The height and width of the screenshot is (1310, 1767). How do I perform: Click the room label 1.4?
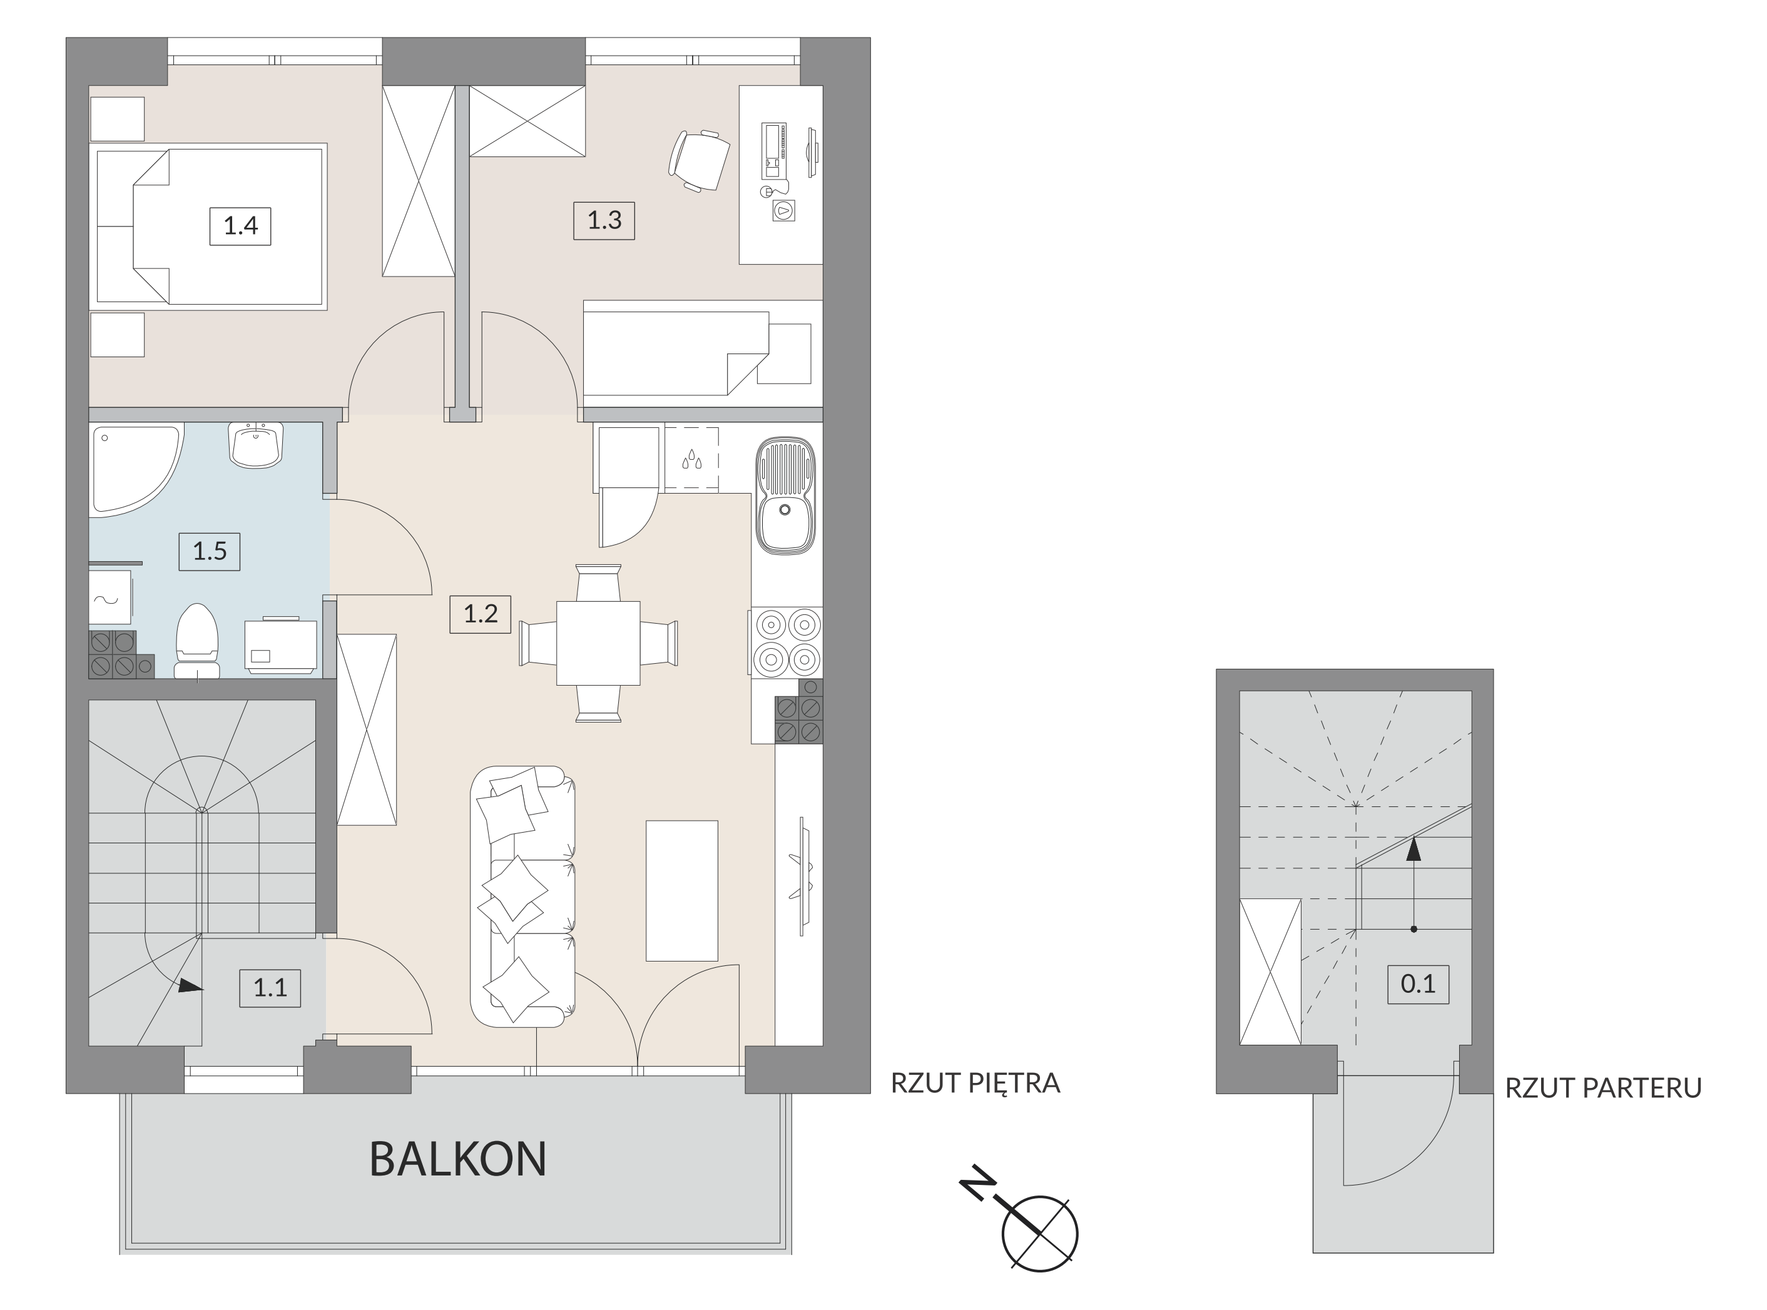[x=240, y=226]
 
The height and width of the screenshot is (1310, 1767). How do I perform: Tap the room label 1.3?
[x=604, y=220]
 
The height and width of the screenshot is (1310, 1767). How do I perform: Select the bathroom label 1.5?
[x=210, y=551]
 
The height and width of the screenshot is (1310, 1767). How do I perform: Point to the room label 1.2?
[x=480, y=614]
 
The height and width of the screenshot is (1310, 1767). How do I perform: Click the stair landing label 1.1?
[x=270, y=988]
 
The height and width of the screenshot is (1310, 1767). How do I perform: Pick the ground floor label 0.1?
[x=1418, y=984]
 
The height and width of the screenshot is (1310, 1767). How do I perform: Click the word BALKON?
[x=457, y=1159]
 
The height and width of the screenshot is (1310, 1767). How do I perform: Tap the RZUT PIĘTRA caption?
[x=975, y=1083]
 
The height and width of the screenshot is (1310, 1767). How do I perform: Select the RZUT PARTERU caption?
[x=1604, y=1088]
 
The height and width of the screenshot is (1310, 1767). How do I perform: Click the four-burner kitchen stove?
[x=785, y=642]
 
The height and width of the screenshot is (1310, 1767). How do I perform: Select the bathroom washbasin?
[x=255, y=445]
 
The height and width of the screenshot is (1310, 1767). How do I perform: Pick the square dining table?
[x=598, y=643]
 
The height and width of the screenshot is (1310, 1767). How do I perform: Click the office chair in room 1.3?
[x=699, y=160]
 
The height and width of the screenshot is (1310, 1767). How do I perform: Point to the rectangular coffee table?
[x=682, y=890]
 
